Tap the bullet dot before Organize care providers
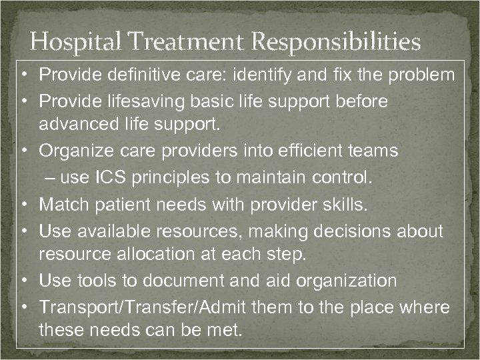tap(23, 151)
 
